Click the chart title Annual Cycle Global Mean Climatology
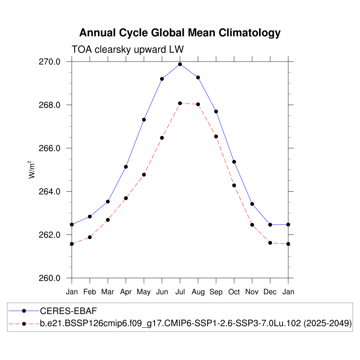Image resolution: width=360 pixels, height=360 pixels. pos(180,33)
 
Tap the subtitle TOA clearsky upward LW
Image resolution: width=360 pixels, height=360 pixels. pos(127,49)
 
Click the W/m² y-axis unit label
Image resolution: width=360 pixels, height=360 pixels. pos(32,170)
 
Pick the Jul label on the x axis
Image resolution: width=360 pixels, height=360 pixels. pos(180,292)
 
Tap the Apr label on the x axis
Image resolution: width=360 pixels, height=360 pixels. pos(126,292)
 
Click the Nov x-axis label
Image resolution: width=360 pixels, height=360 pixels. pos(252,292)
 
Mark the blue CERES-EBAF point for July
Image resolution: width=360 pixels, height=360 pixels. pos(180,64)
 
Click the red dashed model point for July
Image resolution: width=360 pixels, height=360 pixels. pos(180,103)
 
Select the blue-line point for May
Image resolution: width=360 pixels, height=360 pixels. pos(144,120)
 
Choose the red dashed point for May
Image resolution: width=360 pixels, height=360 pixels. pos(144,175)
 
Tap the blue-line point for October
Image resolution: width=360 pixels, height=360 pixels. pos(234,162)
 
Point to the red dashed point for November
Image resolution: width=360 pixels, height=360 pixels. pos(252,225)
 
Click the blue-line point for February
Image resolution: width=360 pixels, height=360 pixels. pos(90,217)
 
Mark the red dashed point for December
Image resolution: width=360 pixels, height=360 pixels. pos(270,243)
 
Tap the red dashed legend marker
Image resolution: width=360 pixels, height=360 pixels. pos(24,323)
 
